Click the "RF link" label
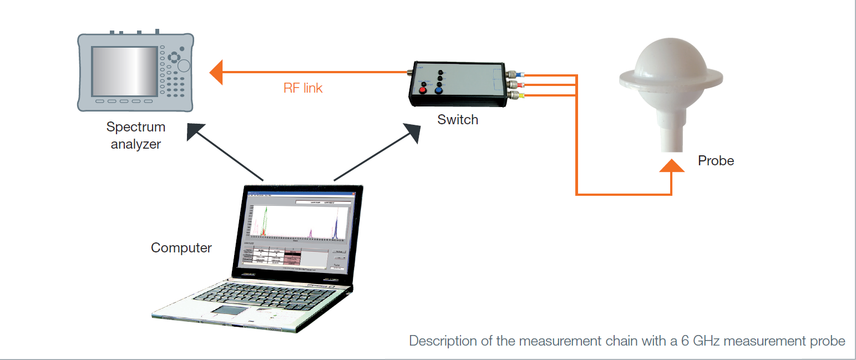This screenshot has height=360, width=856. click(303, 88)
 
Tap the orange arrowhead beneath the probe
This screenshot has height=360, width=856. click(672, 165)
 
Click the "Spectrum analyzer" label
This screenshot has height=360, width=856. click(136, 135)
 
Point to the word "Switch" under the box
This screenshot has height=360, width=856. click(458, 119)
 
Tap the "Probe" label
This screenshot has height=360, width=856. click(716, 161)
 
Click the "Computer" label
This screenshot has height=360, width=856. click(181, 247)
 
